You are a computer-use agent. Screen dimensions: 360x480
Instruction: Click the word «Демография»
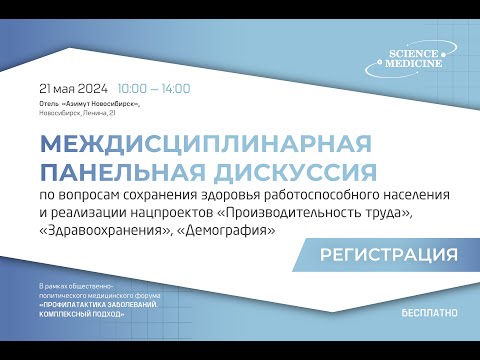(x=230, y=230)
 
